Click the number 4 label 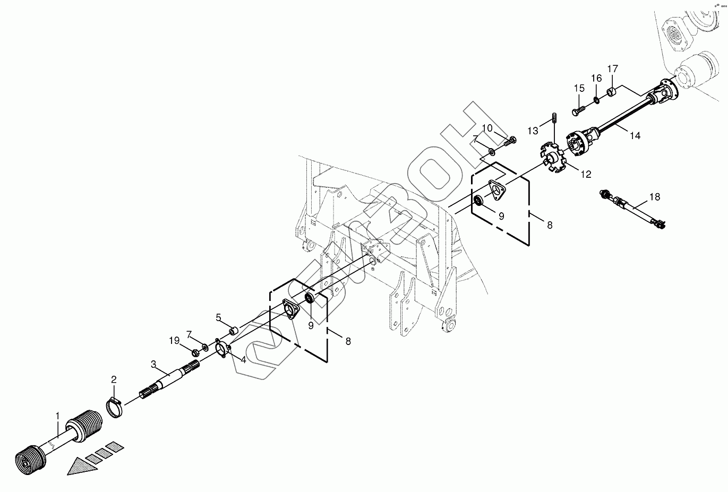click(x=243, y=360)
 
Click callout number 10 click(x=487, y=128)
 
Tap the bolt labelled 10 click(x=511, y=141)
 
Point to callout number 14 click(x=635, y=135)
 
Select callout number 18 click(x=655, y=197)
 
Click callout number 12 click(x=586, y=174)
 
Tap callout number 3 click(x=153, y=364)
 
